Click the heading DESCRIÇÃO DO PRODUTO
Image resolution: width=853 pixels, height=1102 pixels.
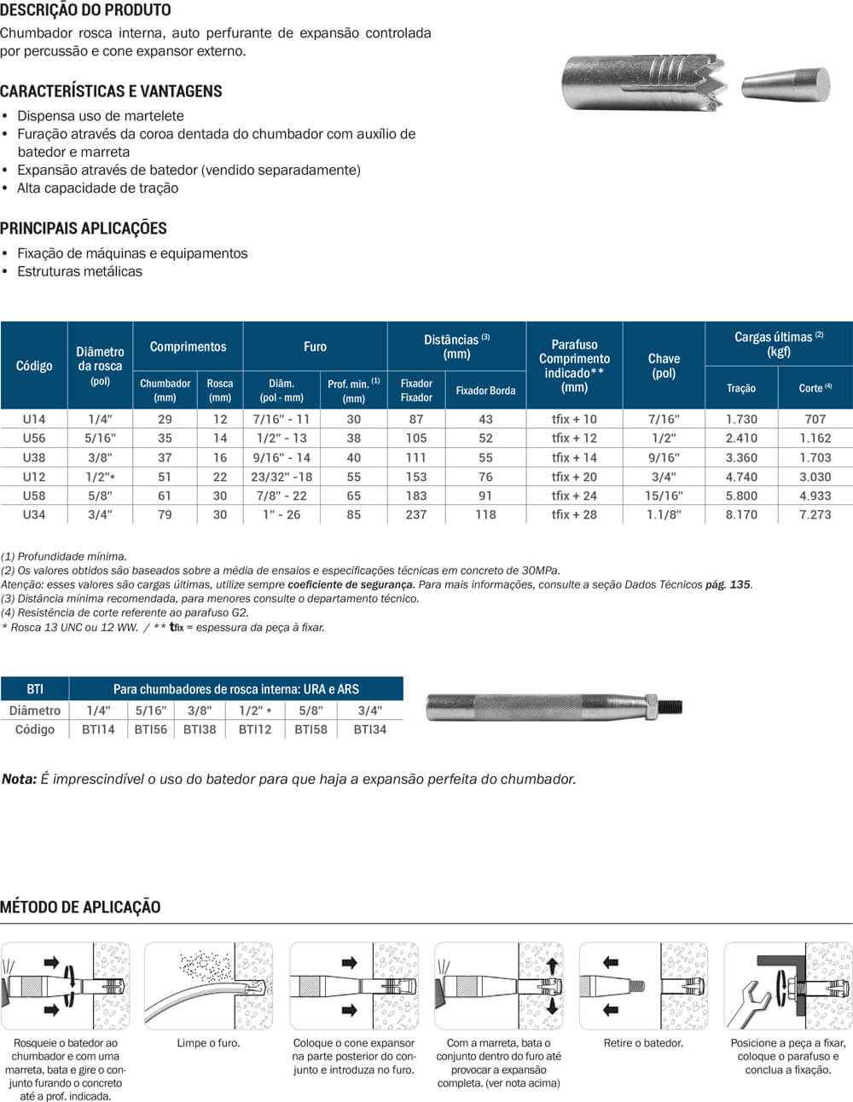(85, 10)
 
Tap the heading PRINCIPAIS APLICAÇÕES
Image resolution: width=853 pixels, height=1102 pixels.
(84, 228)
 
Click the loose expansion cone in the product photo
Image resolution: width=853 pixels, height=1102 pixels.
(786, 86)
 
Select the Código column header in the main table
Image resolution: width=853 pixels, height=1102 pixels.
(34, 366)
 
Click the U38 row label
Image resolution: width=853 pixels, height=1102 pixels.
(34, 457)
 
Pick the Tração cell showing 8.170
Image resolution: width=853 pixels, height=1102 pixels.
(740, 514)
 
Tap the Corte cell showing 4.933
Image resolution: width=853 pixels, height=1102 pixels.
(815, 496)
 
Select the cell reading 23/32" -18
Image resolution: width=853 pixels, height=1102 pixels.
(282, 477)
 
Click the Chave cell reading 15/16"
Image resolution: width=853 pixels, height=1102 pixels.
(664, 496)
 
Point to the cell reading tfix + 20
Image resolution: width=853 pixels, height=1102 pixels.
(574, 477)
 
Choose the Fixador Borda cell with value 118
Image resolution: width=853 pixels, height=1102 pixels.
(485, 514)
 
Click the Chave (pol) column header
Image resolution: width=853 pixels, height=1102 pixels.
(664, 366)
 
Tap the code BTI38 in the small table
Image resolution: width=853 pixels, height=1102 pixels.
(200, 729)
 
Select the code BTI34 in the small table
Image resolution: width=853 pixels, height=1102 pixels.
(369, 729)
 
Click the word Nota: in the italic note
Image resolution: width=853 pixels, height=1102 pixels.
(19, 779)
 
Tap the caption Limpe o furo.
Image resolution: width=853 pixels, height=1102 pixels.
(208, 1042)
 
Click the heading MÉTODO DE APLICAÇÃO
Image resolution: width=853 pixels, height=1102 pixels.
(80, 907)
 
